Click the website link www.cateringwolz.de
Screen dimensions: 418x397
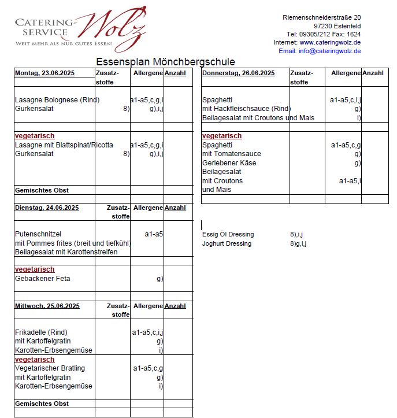330,42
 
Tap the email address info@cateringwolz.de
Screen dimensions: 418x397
328,51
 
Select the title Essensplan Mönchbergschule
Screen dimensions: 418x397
165,62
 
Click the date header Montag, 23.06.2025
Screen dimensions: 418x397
44,73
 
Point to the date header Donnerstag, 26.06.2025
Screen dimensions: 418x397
234,73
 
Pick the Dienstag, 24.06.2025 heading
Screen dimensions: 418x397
47,208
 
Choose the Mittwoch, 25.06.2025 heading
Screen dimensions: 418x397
47,306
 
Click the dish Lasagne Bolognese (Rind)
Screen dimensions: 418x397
57,100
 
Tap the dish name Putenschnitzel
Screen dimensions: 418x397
38,234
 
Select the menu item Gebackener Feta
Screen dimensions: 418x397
42,279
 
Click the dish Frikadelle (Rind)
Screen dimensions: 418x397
41,332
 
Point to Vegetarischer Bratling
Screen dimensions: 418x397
50,368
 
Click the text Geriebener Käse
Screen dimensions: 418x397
229,163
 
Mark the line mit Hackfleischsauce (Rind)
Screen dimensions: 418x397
246,109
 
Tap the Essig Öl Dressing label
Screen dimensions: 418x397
228,234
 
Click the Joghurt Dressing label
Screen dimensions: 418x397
227,243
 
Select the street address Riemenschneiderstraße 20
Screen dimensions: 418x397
321,17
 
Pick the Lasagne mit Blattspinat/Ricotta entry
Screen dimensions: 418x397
64,145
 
